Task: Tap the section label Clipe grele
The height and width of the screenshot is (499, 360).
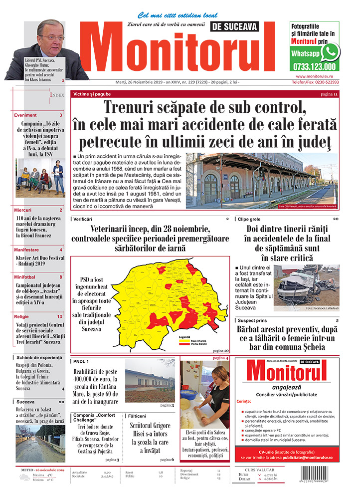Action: coord(250,219)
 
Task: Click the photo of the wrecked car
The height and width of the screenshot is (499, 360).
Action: coord(306,284)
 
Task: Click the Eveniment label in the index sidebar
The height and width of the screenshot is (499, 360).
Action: coord(25,115)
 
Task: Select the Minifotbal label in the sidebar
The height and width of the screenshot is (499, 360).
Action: coord(25,276)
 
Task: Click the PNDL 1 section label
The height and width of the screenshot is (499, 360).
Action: coord(81,361)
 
